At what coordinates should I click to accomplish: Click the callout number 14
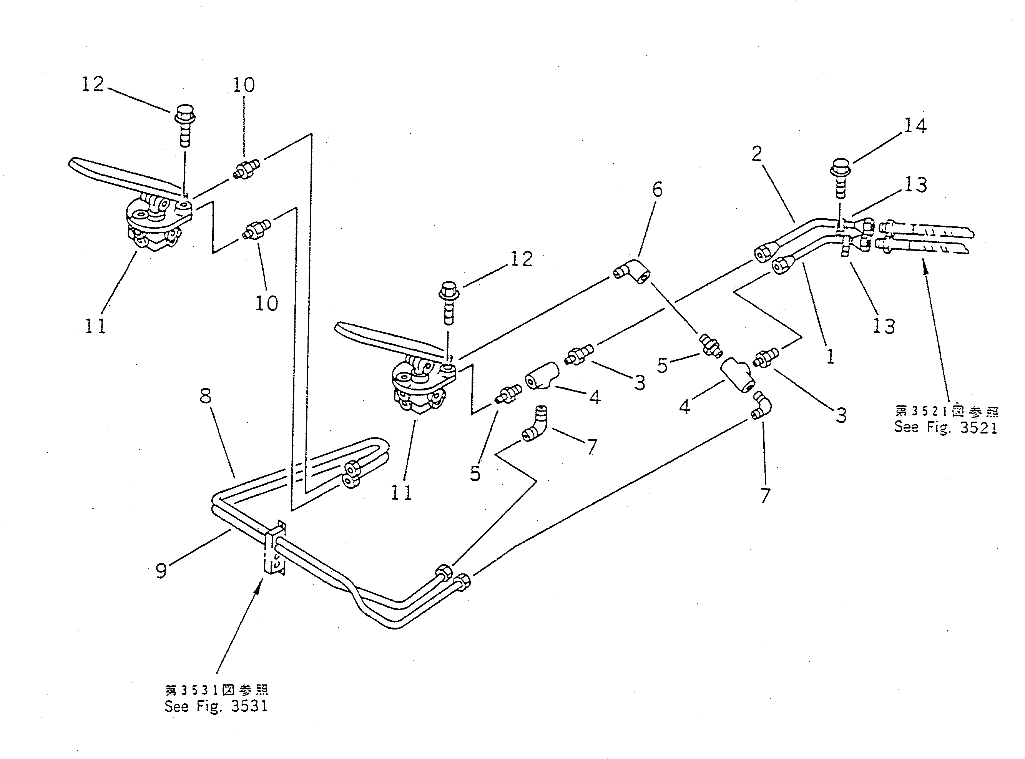coord(915,125)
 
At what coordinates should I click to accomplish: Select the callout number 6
coord(658,189)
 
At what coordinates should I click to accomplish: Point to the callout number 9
coord(161,571)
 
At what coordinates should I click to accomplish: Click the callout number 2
coord(757,153)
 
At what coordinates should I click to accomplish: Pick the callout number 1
coord(830,357)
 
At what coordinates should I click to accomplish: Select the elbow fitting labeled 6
coord(632,271)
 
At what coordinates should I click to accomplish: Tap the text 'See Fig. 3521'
coord(945,427)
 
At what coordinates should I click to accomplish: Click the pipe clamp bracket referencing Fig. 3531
coord(276,549)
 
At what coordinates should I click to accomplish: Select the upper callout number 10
coord(244,85)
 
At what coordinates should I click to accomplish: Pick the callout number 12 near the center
coord(522,259)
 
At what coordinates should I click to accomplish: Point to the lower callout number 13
coord(884,326)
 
